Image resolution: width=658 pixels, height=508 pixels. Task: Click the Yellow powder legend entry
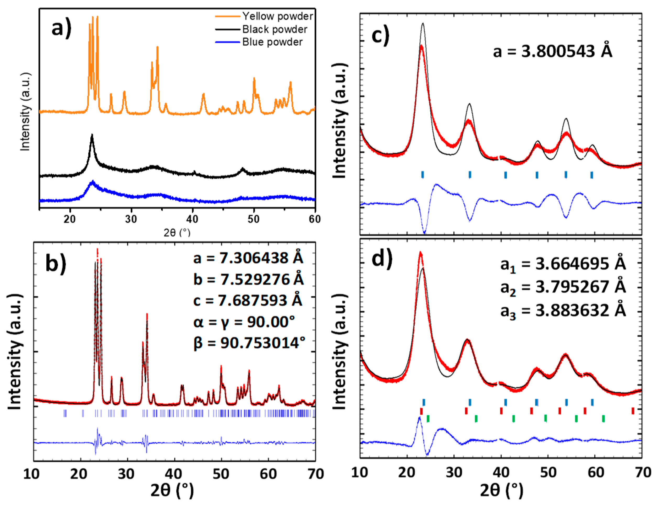(x=277, y=16)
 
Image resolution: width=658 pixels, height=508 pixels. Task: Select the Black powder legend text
(x=275, y=29)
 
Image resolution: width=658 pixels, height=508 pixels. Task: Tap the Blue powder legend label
(x=272, y=42)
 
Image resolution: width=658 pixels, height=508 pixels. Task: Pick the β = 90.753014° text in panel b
(x=249, y=343)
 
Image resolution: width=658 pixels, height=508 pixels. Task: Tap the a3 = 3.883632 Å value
(x=563, y=311)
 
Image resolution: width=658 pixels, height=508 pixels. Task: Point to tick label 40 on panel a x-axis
(x=192, y=219)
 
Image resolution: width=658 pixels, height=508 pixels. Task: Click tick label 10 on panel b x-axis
(x=31, y=474)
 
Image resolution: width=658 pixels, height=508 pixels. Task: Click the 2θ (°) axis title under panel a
(x=177, y=233)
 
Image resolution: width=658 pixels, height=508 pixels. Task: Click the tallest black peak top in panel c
(x=423, y=24)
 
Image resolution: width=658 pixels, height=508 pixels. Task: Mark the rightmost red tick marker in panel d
(x=633, y=411)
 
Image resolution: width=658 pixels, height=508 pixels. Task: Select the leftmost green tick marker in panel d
(x=428, y=419)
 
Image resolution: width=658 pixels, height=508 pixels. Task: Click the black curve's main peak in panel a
(x=92, y=135)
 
